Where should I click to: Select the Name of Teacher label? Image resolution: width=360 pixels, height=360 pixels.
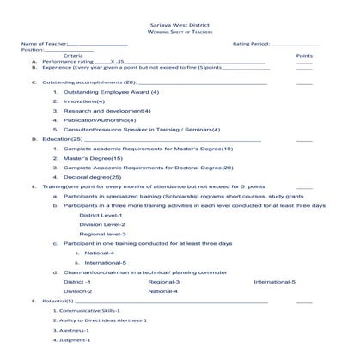click(x=42, y=42)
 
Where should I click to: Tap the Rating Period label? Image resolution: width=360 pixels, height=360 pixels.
click(x=249, y=42)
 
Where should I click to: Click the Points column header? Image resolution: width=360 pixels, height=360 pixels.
click(x=303, y=55)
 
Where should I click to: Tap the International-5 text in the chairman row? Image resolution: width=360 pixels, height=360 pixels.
click(x=274, y=282)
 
